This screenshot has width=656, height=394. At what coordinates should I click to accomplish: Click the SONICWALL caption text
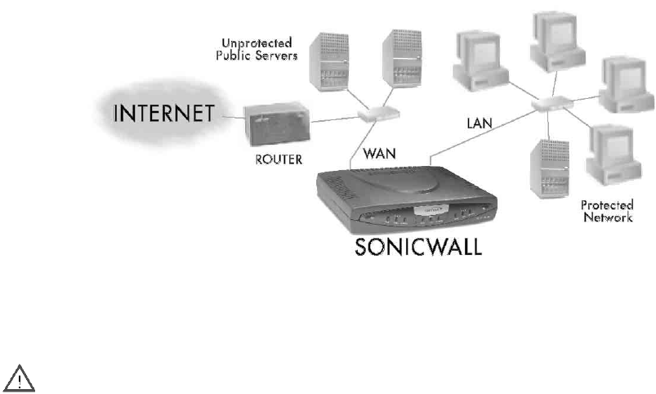coord(418,247)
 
